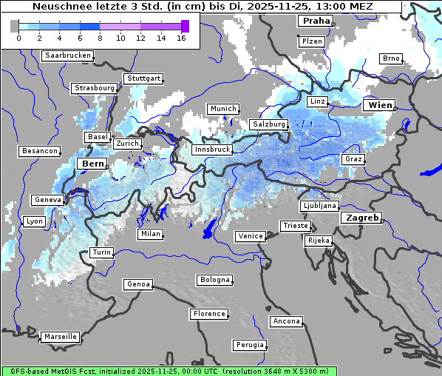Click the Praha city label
315,21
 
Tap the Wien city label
379,105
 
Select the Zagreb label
361,218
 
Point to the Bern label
93,164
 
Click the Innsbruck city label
211,150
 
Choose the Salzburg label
268,124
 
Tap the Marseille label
60,337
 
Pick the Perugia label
250,345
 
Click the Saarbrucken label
68,56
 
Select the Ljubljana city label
319,206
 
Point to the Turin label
101,252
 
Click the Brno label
390,58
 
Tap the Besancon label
39,151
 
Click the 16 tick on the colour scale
181,38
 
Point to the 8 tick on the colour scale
100,38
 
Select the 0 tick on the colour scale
18,38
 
